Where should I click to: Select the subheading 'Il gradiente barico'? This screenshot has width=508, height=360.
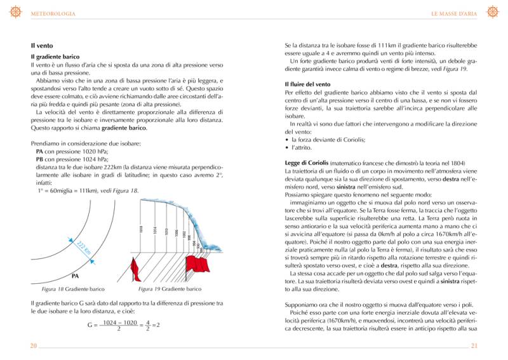pyautogui.click(x=55, y=57)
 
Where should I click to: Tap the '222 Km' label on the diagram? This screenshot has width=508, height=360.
pyautogui.click(x=84, y=248)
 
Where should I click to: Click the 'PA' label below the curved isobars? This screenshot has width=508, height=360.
pyautogui.click(x=74, y=276)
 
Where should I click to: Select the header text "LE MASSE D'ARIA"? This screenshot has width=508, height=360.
pyautogui.click(x=455, y=13)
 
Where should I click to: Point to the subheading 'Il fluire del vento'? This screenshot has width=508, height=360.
pyautogui.click(x=308, y=84)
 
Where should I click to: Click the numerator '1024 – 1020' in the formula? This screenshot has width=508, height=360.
pyautogui.click(x=120, y=322)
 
